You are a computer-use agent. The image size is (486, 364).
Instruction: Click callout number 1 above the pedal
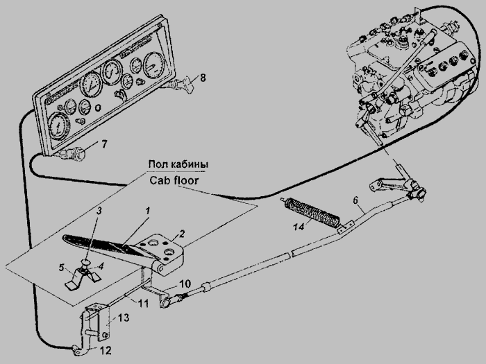(146, 209)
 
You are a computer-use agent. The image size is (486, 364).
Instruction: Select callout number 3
(100, 209)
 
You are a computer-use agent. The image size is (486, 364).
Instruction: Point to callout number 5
(62, 267)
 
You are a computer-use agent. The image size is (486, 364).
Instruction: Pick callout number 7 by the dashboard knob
(104, 145)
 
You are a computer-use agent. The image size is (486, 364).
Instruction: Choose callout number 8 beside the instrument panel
(203, 78)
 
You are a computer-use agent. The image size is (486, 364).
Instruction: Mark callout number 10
(185, 285)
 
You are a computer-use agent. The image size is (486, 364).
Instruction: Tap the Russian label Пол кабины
(178, 164)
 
